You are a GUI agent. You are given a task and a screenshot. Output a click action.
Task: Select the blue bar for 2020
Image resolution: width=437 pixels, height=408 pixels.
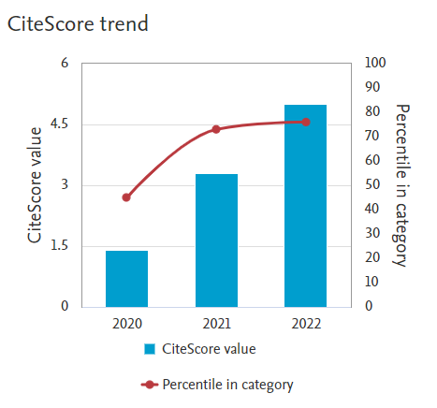point(126,278)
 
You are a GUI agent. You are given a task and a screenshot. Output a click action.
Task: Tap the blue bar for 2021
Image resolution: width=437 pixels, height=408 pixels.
point(216,240)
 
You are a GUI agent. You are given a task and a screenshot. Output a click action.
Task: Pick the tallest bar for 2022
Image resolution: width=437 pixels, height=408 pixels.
point(306,205)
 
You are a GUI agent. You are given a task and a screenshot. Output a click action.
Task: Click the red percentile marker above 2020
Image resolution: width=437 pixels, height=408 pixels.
point(126,197)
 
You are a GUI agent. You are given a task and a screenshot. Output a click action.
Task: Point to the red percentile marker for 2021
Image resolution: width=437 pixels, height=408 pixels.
point(216,129)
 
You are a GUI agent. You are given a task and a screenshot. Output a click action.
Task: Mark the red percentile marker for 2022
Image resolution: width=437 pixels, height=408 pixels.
point(306,122)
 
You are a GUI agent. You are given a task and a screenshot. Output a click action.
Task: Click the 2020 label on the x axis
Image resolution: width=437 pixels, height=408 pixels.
point(126,324)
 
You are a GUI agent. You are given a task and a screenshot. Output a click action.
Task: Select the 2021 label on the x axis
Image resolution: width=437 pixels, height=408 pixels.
point(216,324)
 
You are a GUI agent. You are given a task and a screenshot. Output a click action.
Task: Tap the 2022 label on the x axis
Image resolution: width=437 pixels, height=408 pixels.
point(306,324)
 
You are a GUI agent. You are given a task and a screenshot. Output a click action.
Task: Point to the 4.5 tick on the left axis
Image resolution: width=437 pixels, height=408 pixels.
point(59,124)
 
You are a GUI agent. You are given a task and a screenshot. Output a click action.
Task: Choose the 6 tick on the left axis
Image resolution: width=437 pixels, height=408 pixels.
point(65,64)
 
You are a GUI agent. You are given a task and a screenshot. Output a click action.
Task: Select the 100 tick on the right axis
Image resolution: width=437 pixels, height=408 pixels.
point(374,64)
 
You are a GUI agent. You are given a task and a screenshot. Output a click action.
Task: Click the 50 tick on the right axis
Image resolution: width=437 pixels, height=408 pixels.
point(371,185)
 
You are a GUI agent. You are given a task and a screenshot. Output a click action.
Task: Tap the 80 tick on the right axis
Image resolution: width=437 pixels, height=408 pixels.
point(371,112)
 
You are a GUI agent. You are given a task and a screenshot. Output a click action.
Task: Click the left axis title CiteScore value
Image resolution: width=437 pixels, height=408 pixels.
point(35,185)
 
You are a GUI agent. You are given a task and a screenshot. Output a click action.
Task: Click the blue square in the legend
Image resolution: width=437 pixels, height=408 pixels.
point(150,350)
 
